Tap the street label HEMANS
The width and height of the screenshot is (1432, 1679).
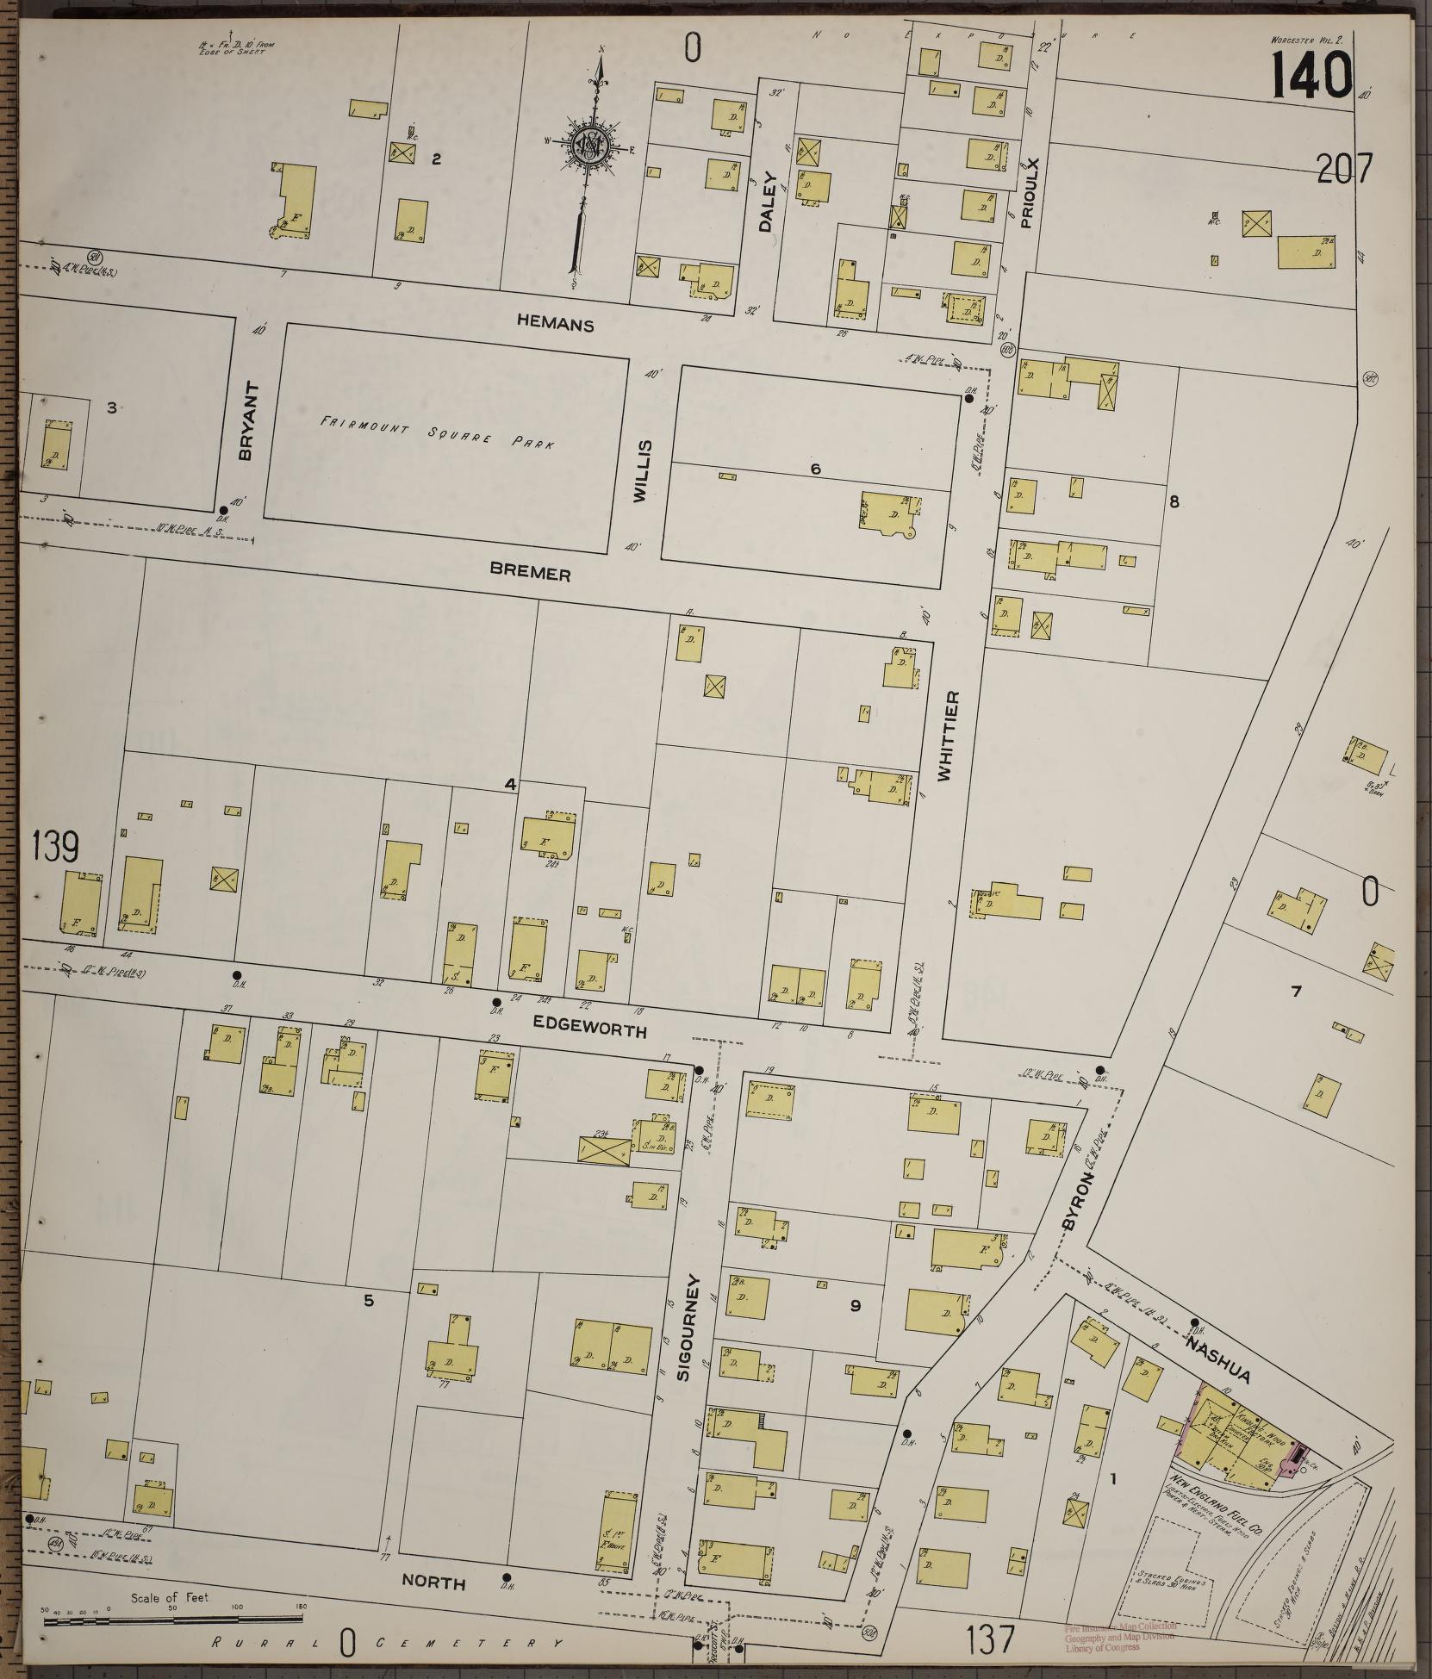pyautogui.click(x=556, y=325)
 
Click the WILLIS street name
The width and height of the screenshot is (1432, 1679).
pyautogui.click(x=642, y=470)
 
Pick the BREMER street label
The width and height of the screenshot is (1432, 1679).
pyautogui.click(x=530, y=573)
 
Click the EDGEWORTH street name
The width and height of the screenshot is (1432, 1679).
pyautogui.click(x=589, y=1028)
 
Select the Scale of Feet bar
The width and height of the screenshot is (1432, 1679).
pyautogui.click(x=172, y=1620)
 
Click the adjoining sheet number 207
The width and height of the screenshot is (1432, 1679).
pyautogui.click(x=1343, y=170)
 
